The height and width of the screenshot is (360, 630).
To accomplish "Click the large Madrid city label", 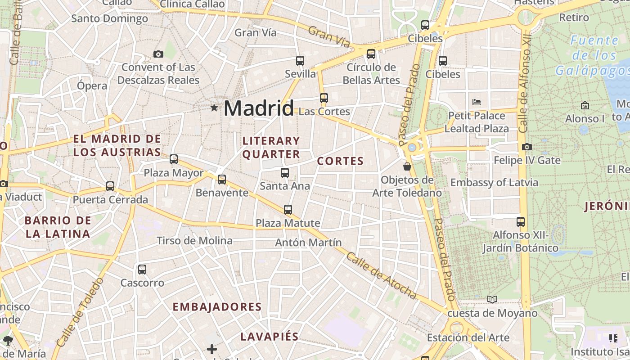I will click(x=258, y=108).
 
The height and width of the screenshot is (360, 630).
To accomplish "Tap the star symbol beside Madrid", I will click(x=214, y=108).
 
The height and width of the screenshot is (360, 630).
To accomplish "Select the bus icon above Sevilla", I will click(x=300, y=61).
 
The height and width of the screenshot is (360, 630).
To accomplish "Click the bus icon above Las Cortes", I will click(x=324, y=98).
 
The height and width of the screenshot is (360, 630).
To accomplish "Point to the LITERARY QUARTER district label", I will click(x=271, y=148).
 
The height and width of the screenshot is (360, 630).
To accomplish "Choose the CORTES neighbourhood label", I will click(x=340, y=161).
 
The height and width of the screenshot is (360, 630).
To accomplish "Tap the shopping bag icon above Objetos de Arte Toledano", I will click(x=407, y=166).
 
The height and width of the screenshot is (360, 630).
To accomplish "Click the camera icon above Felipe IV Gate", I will click(x=527, y=147).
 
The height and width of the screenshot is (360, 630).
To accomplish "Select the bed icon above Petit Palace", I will click(x=477, y=102).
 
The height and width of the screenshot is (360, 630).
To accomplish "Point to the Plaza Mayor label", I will click(x=173, y=172).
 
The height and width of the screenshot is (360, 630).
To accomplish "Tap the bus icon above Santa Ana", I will click(x=284, y=172).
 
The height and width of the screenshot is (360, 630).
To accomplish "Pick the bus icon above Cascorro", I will click(x=142, y=270).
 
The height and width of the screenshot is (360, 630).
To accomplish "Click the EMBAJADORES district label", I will click(x=217, y=307).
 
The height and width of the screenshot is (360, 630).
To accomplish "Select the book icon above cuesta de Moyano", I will click(x=492, y=299).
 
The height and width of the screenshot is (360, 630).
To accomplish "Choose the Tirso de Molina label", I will click(x=194, y=241).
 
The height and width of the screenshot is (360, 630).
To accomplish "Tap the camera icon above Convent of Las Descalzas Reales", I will click(x=158, y=54).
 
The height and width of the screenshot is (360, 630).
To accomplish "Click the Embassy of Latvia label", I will click(x=494, y=183).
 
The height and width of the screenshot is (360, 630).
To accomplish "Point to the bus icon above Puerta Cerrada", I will click(x=110, y=186).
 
